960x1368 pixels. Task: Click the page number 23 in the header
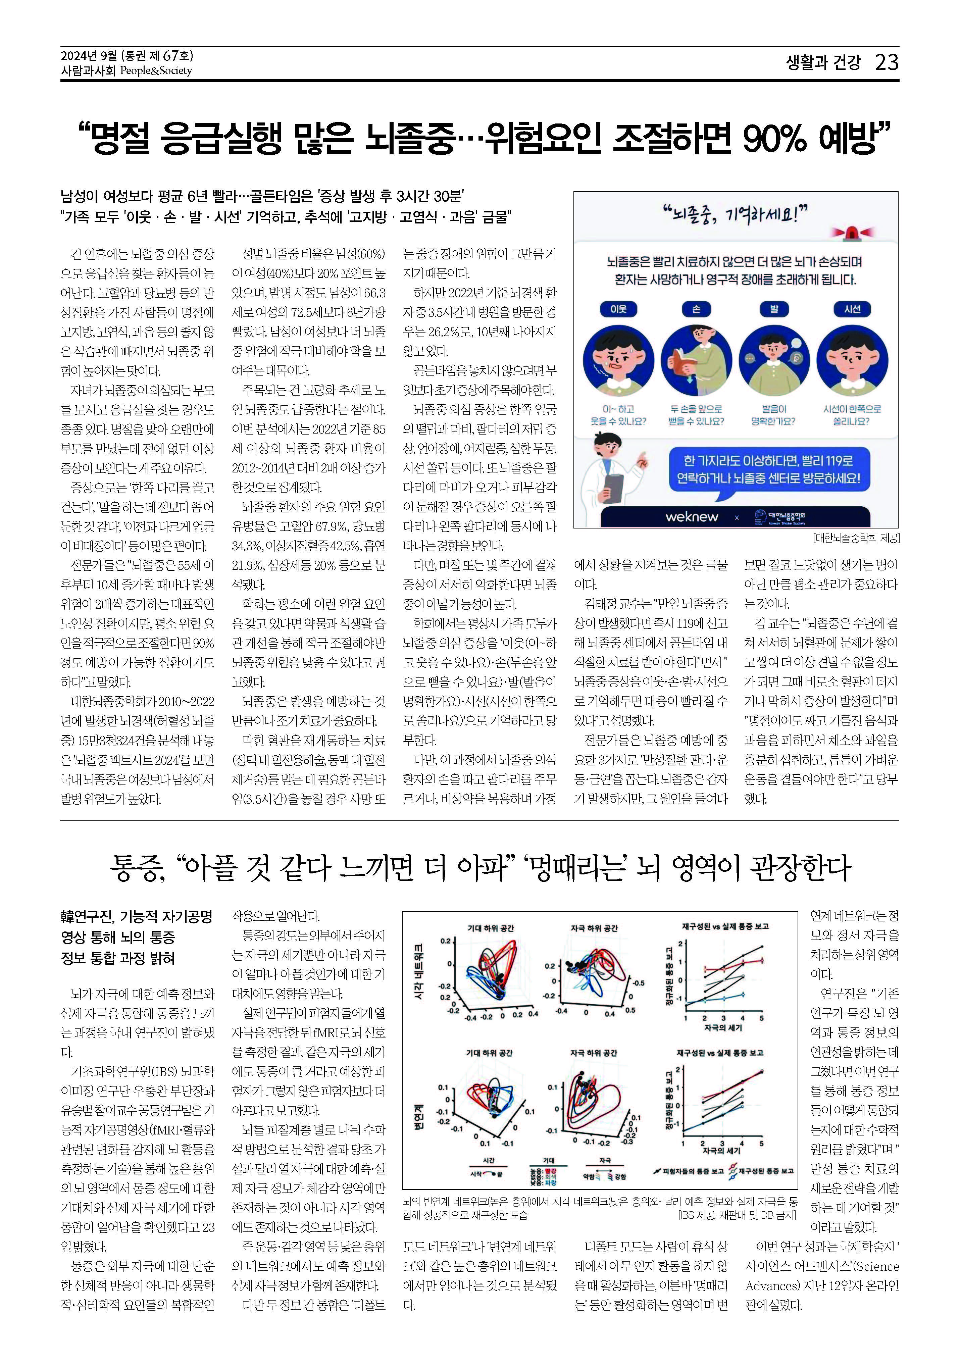click(x=886, y=62)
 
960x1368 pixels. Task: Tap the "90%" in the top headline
click(x=775, y=138)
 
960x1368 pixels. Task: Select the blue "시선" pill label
click(x=852, y=309)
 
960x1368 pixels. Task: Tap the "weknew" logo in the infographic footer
click(x=691, y=517)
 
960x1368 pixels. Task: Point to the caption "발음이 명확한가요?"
click(x=774, y=415)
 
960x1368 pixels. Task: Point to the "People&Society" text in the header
click(x=156, y=71)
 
